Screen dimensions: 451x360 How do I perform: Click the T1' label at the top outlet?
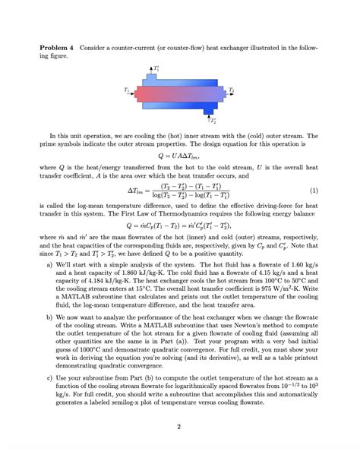(156, 68)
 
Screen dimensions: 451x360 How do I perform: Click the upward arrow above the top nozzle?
(151, 70)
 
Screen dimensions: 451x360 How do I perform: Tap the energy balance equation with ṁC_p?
(179, 226)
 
